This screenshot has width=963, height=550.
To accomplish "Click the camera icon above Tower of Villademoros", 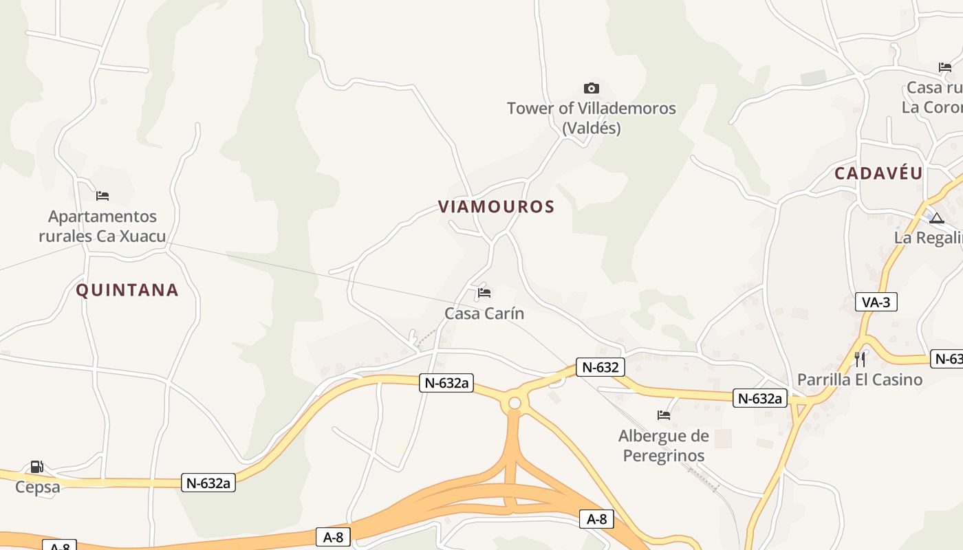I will [x=591, y=88].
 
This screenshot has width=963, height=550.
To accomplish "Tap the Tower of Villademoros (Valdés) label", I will [x=591, y=118].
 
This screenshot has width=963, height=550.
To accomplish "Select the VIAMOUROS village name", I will [x=496, y=207].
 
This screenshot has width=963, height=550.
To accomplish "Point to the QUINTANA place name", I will [x=127, y=290].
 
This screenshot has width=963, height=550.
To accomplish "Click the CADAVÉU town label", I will [x=878, y=173].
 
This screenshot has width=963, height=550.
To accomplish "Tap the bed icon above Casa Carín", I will [x=484, y=293].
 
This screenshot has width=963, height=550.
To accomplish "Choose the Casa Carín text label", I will [x=484, y=313].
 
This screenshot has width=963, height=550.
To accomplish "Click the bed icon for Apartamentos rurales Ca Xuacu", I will [x=102, y=196].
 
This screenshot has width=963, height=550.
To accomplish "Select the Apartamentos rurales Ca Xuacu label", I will [x=102, y=226].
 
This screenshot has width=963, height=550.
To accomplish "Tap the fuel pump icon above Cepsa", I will [x=36, y=467].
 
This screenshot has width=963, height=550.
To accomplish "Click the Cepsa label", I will [x=38, y=487].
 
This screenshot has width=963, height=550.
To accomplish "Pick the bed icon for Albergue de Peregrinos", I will [x=664, y=415].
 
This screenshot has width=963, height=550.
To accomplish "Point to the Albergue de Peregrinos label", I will [x=663, y=445].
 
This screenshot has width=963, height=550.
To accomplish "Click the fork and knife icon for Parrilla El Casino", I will [x=860, y=359].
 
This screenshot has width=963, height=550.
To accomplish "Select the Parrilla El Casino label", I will [x=860, y=379].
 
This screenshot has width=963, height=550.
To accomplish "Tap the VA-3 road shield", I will [x=876, y=302].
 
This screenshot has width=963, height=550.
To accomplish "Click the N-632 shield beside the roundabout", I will [x=600, y=367].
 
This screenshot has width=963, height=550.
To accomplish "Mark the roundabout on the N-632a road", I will [x=515, y=403].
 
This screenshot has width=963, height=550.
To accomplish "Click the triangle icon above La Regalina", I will [x=936, y=218].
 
